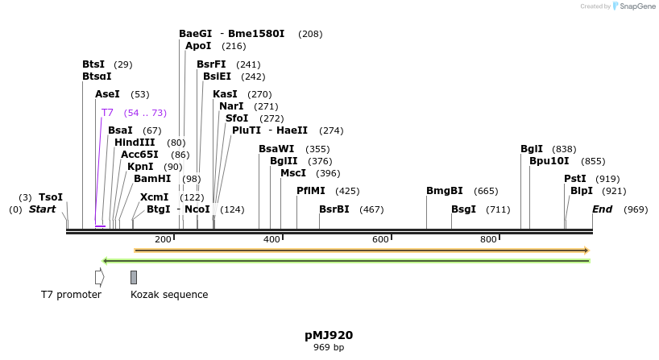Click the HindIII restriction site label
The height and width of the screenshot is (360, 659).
(135, 143)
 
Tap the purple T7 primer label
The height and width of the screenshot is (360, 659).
(107, 113)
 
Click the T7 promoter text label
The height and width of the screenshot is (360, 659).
(71, 295)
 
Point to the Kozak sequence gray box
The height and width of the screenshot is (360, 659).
(134, 277)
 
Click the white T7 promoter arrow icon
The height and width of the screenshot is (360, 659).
(99, 277)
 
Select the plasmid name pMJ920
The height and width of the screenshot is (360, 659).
(329, 335)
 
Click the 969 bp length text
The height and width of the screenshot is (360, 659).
(329, 348)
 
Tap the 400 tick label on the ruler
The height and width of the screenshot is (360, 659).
(272, 239)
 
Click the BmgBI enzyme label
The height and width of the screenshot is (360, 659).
(444, 191)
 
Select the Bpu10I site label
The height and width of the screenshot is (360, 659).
(549, 161)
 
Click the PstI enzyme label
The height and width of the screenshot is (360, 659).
(574, 179)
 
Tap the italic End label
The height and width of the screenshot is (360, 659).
(602, 209)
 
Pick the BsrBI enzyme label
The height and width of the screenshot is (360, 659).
(334, 209)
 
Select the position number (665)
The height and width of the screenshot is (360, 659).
(486, 191)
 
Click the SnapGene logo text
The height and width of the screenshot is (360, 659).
(636, 6)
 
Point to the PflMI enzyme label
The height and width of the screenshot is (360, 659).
(311, 191)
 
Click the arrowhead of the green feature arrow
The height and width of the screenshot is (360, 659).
(106, 261)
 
